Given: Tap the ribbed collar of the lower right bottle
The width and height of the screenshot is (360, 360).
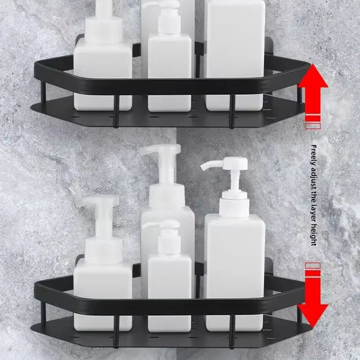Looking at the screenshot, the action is [234, 208].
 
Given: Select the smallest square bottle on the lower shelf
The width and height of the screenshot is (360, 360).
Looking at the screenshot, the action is [170, 276].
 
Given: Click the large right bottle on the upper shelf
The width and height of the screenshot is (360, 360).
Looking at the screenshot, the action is [234, 55].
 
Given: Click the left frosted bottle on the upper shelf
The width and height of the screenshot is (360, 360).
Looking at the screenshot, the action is [103, 55].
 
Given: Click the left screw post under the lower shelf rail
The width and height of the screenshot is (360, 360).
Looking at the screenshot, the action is [116, 332].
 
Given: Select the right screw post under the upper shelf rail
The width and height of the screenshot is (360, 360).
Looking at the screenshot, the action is [232, 111].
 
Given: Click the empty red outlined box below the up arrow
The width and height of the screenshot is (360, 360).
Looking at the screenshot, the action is [313, 126].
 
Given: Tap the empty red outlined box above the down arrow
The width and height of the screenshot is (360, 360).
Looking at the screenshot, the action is [313, 265].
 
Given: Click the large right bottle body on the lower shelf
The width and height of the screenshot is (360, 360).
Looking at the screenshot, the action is [234, 273].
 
